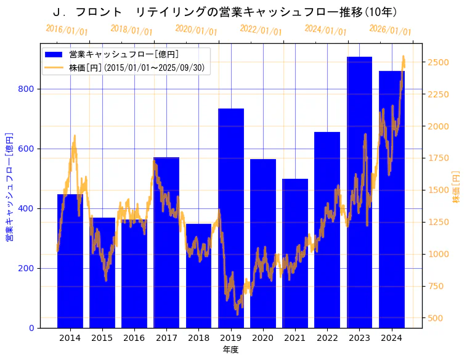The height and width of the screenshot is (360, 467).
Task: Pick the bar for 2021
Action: [295, 253]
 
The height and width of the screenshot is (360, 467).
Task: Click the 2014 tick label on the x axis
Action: [70, 338]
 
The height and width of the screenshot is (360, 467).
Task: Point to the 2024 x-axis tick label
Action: [391, 338]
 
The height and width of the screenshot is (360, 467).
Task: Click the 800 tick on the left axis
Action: [27, 89]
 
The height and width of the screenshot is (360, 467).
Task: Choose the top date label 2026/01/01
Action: [390, 30]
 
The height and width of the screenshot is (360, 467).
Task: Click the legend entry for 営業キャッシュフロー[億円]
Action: [124, 54]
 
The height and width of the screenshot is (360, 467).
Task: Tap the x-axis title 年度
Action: [230, 350]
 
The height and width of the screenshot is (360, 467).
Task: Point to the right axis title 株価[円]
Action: [456, 187]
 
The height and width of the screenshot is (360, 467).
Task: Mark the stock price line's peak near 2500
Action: [404, 57]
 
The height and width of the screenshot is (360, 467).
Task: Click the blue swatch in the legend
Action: [54, 54]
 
